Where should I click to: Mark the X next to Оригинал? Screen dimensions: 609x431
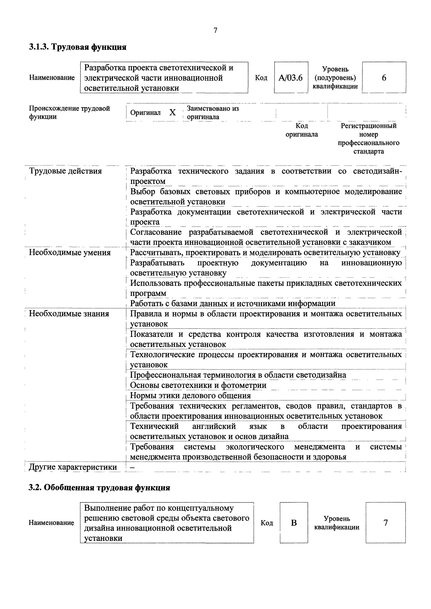[173, 113]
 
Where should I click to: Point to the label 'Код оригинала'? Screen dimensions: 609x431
[302, 130]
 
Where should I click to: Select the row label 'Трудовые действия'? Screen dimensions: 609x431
[65, 171]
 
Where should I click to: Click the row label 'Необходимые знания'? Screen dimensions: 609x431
[69, 314]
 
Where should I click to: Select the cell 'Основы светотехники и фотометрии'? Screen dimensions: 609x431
[198, 385]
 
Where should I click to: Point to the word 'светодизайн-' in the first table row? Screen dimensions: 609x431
[378, 171]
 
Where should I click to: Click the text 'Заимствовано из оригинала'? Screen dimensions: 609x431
[212, 113]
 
